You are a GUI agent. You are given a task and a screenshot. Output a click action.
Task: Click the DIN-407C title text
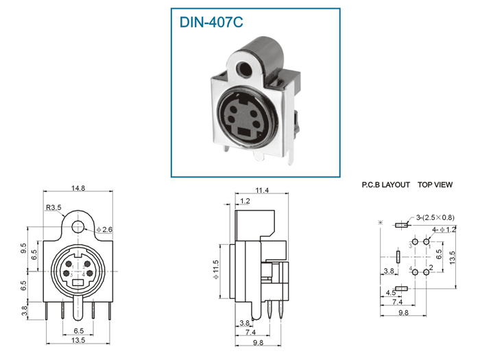click(211, 23)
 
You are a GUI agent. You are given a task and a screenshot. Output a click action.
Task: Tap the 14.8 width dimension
click(78, 188)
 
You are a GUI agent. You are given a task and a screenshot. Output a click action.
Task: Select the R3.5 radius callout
click(53, 207)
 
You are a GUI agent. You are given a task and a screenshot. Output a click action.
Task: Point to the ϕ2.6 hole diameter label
click(104, 229)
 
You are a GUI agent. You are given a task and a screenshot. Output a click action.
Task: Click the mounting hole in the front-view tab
click(77, 227)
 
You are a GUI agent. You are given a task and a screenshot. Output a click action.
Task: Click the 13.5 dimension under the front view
click(78, 340)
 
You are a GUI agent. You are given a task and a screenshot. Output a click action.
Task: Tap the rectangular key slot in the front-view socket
click(78, 283)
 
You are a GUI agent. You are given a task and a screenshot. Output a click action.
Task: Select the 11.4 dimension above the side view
click(262, 191)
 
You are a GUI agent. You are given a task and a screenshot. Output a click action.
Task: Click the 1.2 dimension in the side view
click(245, 201)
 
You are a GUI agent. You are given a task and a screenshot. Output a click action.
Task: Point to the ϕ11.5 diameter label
click(216, 269)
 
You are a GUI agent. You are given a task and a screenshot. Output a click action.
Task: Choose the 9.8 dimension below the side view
click(258, 343)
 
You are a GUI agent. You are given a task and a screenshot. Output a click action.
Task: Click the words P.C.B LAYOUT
click(385, 185)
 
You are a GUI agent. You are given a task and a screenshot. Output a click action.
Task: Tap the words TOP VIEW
click(435, 185)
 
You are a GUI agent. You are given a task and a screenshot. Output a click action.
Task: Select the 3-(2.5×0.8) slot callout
click(435, 217)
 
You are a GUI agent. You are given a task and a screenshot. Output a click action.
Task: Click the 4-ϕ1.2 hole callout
click(444, 230)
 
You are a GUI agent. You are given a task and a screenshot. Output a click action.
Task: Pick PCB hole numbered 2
click(426, 272)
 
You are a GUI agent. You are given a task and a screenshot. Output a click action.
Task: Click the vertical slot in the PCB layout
click(398, 257)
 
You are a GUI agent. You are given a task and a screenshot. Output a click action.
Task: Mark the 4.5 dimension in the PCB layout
click(391, 293)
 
